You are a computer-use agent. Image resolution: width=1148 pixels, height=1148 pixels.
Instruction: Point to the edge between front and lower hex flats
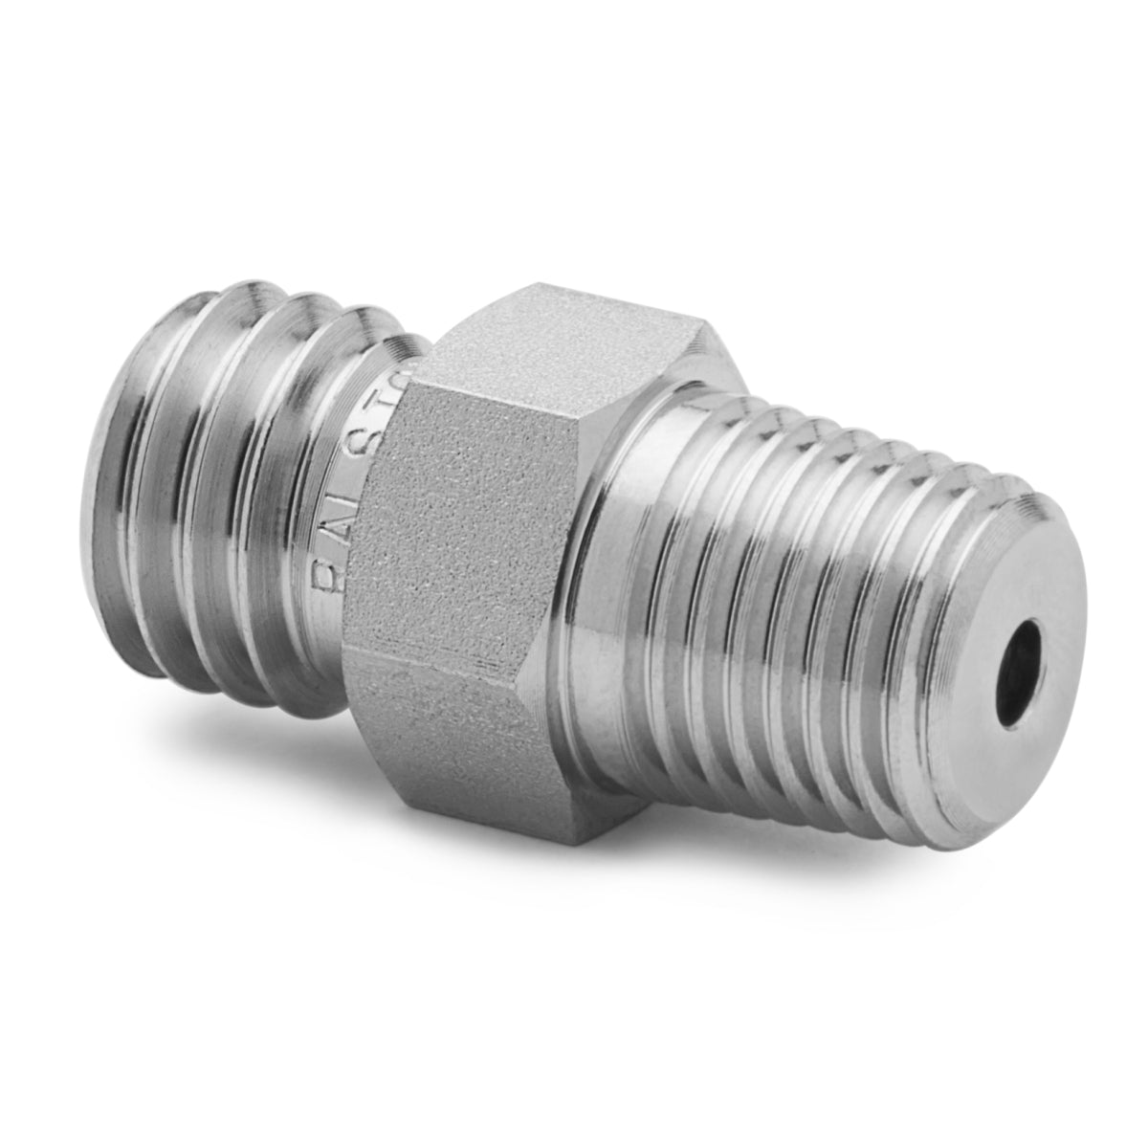(x=430, y=660)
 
